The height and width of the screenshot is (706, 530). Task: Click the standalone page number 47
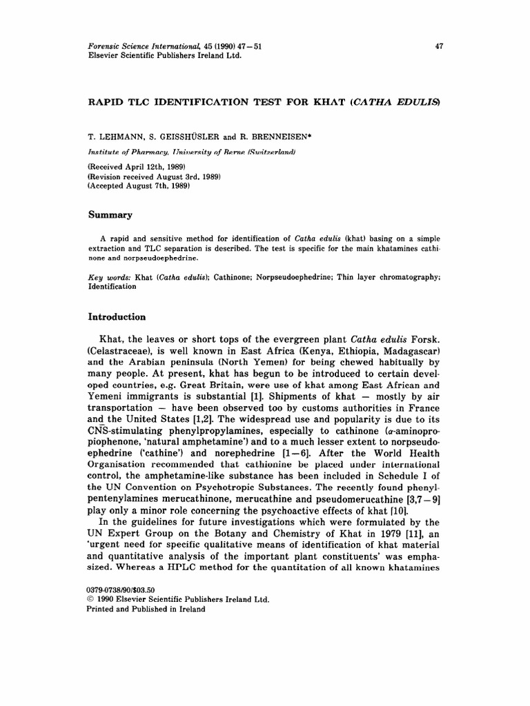click(x=439, y=46)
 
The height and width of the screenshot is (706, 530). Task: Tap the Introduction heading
click(x=117, y=317)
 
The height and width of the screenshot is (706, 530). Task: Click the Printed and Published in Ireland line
click(x=146, y=609)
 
